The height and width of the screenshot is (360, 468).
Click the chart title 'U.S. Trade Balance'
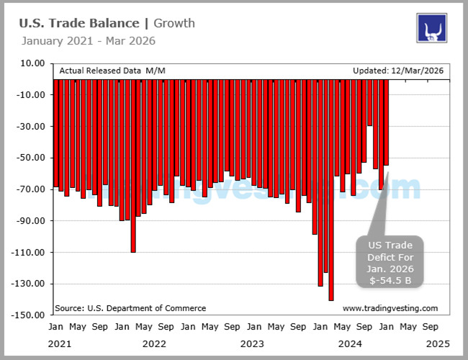(x=78, y=23)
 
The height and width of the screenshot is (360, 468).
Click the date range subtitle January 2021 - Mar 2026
(x=88, y=40)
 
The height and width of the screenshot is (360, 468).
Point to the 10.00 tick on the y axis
(x=33, y=63)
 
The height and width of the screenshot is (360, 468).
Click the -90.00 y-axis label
(x=32, y=221)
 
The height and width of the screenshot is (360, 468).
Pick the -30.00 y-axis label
(x=32, y=127)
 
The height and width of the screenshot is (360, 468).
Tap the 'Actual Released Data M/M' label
(x=112, y=71)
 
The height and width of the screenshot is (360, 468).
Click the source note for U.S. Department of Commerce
(x=130, y=308)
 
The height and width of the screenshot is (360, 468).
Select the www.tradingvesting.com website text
(x=390, y=308)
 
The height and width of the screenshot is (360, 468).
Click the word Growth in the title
(x=174, y=23)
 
